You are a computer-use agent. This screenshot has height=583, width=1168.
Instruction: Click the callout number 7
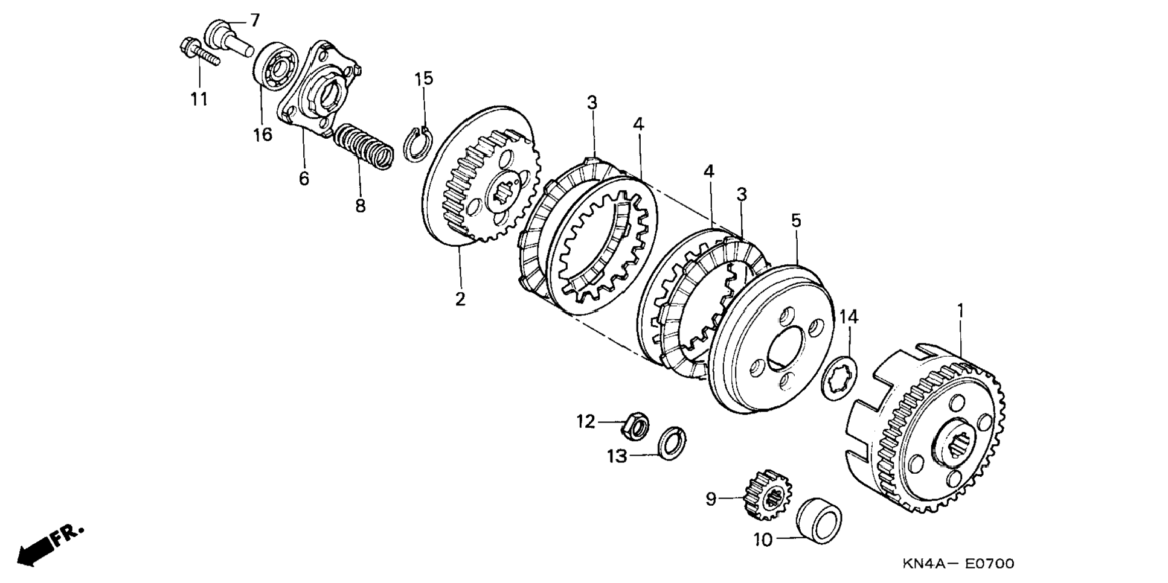point(254,21)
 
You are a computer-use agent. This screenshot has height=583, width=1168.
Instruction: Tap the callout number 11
point(199,98)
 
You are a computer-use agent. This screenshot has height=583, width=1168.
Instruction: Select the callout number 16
point(263,134)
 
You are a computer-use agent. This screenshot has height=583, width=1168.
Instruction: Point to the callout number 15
point(424,78)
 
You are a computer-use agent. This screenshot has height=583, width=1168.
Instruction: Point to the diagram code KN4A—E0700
point(958,564)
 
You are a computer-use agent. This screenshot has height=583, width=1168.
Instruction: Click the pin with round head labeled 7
point(230,37)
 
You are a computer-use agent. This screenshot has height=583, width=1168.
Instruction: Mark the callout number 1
point(960,311)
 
